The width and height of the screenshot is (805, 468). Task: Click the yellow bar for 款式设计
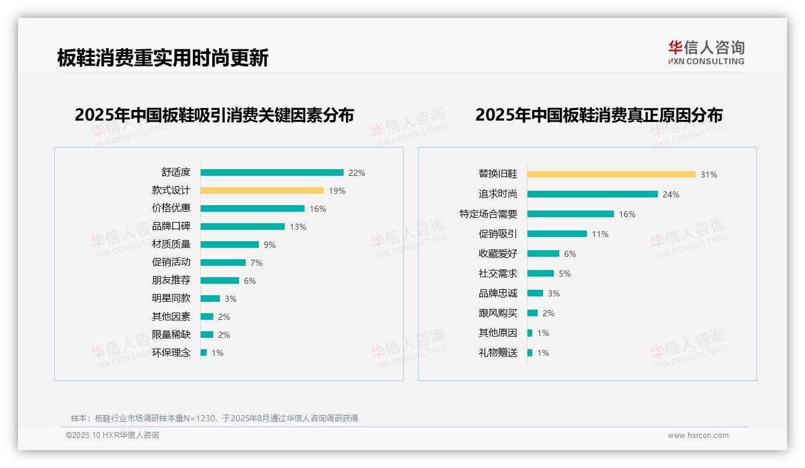(x=262, y=190)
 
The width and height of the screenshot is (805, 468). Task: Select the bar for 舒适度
(x=272, y=172)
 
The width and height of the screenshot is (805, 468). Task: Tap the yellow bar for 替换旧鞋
(x=611, y=174)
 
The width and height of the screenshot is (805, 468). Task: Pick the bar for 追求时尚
(x=592, y=194)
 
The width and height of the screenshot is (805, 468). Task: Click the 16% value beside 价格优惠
(x=318, y=209)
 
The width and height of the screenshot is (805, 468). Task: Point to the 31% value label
(x=709, y=175)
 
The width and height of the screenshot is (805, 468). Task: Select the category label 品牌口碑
(x=171, y=226)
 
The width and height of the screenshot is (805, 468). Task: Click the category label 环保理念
(x=171, y=352)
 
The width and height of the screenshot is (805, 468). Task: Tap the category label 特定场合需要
(x=488, y=214)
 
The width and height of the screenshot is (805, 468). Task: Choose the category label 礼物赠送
(x=498, y=352)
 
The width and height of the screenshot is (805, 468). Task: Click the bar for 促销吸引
(x=557, y=233)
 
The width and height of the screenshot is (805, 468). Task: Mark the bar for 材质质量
(x=229, y=244)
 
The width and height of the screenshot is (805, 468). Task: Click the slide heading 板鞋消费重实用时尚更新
(x=163, y=58)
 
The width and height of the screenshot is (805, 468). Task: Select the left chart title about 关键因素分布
(x=214, y=115)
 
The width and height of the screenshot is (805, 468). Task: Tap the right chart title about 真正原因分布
(x=599, y=115)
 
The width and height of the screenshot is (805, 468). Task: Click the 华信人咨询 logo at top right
(x=706, y=52)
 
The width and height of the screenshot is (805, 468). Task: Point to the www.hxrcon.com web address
(x=698, y=436)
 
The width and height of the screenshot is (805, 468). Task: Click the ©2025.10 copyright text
(x=112, y=436)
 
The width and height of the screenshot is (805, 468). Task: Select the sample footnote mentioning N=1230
(x=214, y=418)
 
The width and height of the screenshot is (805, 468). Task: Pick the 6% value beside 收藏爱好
(x=570, y=254)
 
